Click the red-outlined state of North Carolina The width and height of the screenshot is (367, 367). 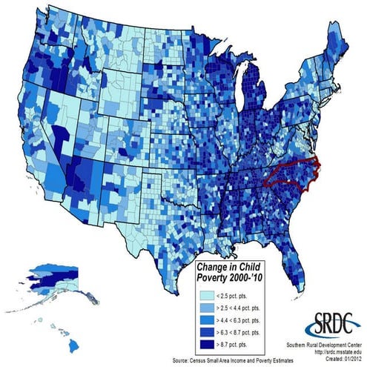point(293,172)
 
